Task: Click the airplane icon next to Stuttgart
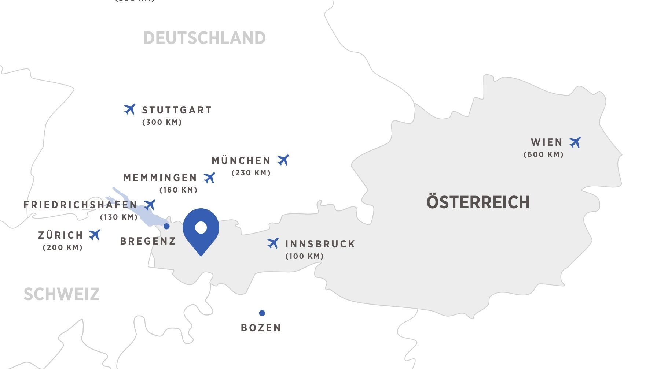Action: pyautogui.click(x=130, y=109)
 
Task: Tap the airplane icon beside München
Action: pyautogui.click(x=283, y=160)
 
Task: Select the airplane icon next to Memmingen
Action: pyautogui.click(x=209, y=178)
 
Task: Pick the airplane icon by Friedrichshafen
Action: pyautogui.click(x=150, y=205)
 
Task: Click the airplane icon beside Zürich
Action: pyautogui.click(x=95, y=235)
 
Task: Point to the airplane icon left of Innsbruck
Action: pyautogui.click(x=273, y=243)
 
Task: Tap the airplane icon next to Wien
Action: pyautogui.click(x=575, y=142)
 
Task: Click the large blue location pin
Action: pyautogui.click(x=201, y=229)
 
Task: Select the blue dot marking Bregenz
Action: pyautogui.click(x=166, y=226)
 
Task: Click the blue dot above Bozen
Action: pyautogui.click(x=262, y=313)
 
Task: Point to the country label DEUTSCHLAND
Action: pyautogui.click(x=204, y=38)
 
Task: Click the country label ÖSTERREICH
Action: pyautogui.click(x=478, y=202)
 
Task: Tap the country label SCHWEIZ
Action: pyautogui.click(x=62, y=294)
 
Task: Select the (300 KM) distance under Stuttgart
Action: pyautogui.click(x=162, y=122)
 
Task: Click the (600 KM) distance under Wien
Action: pyautogui.click(x=543, y=154)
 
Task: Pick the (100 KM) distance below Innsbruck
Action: pyautogui.click(x=305, y=256)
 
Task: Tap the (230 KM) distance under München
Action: pyautogui.click(x=251, y=173)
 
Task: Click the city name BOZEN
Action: pyautogui.click(x=261, y=328)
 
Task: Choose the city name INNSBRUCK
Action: pyautogui.click(x=320, y=244)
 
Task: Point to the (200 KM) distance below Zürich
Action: pyautogui.click(x=63, y=247)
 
